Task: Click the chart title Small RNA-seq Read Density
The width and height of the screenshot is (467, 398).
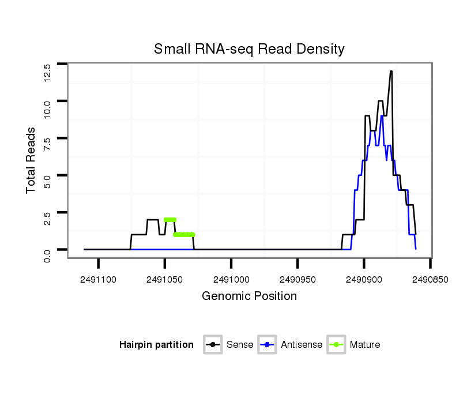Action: tap(249, 49)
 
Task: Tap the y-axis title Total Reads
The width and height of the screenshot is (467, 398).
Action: tap(31, 160)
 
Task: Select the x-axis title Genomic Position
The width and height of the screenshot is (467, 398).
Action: tap(249, 296)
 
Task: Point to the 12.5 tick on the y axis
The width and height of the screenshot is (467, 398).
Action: tap(47, 72)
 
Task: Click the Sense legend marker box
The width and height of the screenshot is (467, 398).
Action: tap(213, 345)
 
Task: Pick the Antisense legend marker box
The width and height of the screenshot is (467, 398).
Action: tap(269, 345)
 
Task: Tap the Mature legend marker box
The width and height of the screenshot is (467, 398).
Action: tap(336, 345)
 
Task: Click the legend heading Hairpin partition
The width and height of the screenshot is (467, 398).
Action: tap(156, 345)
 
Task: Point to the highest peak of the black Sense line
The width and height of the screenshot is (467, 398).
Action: tap(391, 72)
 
